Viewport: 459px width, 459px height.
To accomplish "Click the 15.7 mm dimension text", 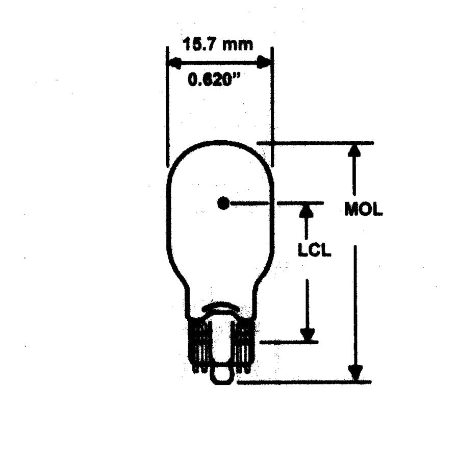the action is (218, 45).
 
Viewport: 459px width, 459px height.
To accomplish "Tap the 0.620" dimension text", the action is (214, 80).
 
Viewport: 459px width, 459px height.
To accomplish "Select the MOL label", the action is (363, 209).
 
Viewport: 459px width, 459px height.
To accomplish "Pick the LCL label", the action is (314, 250).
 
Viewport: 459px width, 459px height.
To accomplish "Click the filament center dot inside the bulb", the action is (223, 203).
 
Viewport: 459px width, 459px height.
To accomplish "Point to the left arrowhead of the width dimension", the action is (174, 63).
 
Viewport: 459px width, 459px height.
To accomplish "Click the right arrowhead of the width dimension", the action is (264, 62).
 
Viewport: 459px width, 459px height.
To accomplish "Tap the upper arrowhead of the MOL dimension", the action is (354, 150).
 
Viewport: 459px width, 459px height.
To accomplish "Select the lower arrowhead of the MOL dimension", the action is (355, 373).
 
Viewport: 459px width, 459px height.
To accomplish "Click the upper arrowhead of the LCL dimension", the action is (307, 210).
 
